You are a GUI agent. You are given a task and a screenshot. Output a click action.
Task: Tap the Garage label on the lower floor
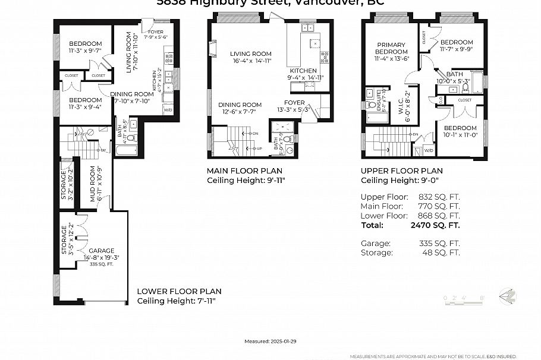click(x=101, y=251)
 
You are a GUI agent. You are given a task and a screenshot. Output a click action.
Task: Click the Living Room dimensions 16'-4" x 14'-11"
click(x=251, y=61)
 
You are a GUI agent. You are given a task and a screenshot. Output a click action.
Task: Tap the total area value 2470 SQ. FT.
click(x=435, y=225)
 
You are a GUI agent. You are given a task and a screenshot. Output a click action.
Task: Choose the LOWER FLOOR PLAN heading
click(x=179, y=292)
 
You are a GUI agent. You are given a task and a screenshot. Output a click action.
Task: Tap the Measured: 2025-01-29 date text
click(x=270, y=342)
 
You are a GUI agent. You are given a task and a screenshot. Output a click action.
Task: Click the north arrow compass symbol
click(x=507, y=295)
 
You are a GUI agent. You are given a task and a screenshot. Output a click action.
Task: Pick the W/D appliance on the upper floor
click(x=429, y=151)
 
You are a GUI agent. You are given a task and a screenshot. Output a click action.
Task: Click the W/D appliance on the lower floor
click(x=168, y=110)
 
